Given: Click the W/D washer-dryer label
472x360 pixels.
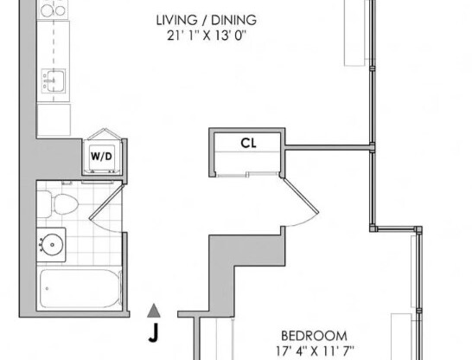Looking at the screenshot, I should tap(100, 157).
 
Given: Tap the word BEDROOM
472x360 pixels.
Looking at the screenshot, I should tap(314, 336).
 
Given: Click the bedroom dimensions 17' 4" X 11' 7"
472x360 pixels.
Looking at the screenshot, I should tap(314, 351).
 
